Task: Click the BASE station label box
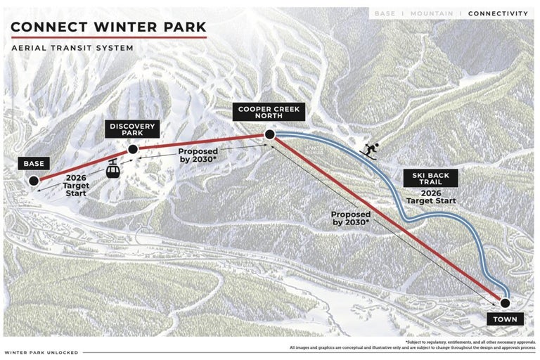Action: point(34,164)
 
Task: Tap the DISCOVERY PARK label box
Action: point(131,129)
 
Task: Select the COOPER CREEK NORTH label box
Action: point(269,112)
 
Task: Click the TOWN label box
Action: point(504,319)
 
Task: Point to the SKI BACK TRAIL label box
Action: point(430,179)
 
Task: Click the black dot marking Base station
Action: point(34,181)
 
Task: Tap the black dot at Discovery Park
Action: point(132,149)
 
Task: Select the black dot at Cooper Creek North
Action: point(269,134)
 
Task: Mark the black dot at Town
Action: point(504,303)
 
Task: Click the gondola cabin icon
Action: point(112,168)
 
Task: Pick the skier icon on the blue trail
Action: point(371,149)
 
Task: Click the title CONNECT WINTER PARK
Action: point(109,27)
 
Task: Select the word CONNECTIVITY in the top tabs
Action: point(498,13)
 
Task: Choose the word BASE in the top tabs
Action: point(385,13)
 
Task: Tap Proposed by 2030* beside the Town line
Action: point(352,218)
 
